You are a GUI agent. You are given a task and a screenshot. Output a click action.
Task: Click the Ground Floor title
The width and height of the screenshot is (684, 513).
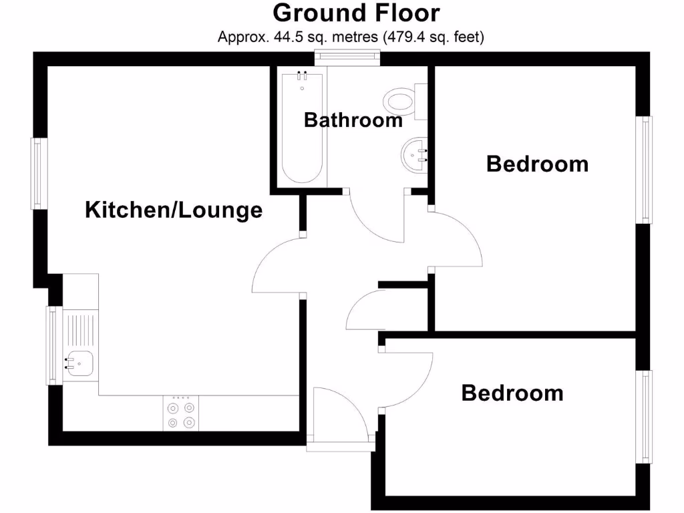point(357,13)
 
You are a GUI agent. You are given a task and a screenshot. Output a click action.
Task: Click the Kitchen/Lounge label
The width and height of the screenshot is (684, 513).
point(174,210)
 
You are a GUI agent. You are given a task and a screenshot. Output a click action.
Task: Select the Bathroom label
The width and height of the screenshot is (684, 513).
point(353,120)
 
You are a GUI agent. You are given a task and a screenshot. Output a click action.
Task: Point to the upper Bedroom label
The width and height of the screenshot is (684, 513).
point(537,164)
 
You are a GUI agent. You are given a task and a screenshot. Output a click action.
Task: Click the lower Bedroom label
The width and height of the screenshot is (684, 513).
point(512,393)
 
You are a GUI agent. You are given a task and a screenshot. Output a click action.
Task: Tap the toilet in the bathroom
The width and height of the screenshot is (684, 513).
point(401,102)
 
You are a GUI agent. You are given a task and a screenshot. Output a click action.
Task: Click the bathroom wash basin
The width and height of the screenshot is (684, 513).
point(414,154)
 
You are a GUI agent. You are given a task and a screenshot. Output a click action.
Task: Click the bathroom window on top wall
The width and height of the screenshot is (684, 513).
point(347,58)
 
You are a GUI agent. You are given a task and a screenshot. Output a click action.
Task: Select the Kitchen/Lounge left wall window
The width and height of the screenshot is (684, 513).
point(39,174)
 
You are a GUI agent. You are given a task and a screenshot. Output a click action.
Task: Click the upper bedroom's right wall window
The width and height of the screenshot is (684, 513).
point(645,170)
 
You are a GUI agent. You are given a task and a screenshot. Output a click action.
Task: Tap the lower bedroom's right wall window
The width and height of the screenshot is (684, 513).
point(645,417)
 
